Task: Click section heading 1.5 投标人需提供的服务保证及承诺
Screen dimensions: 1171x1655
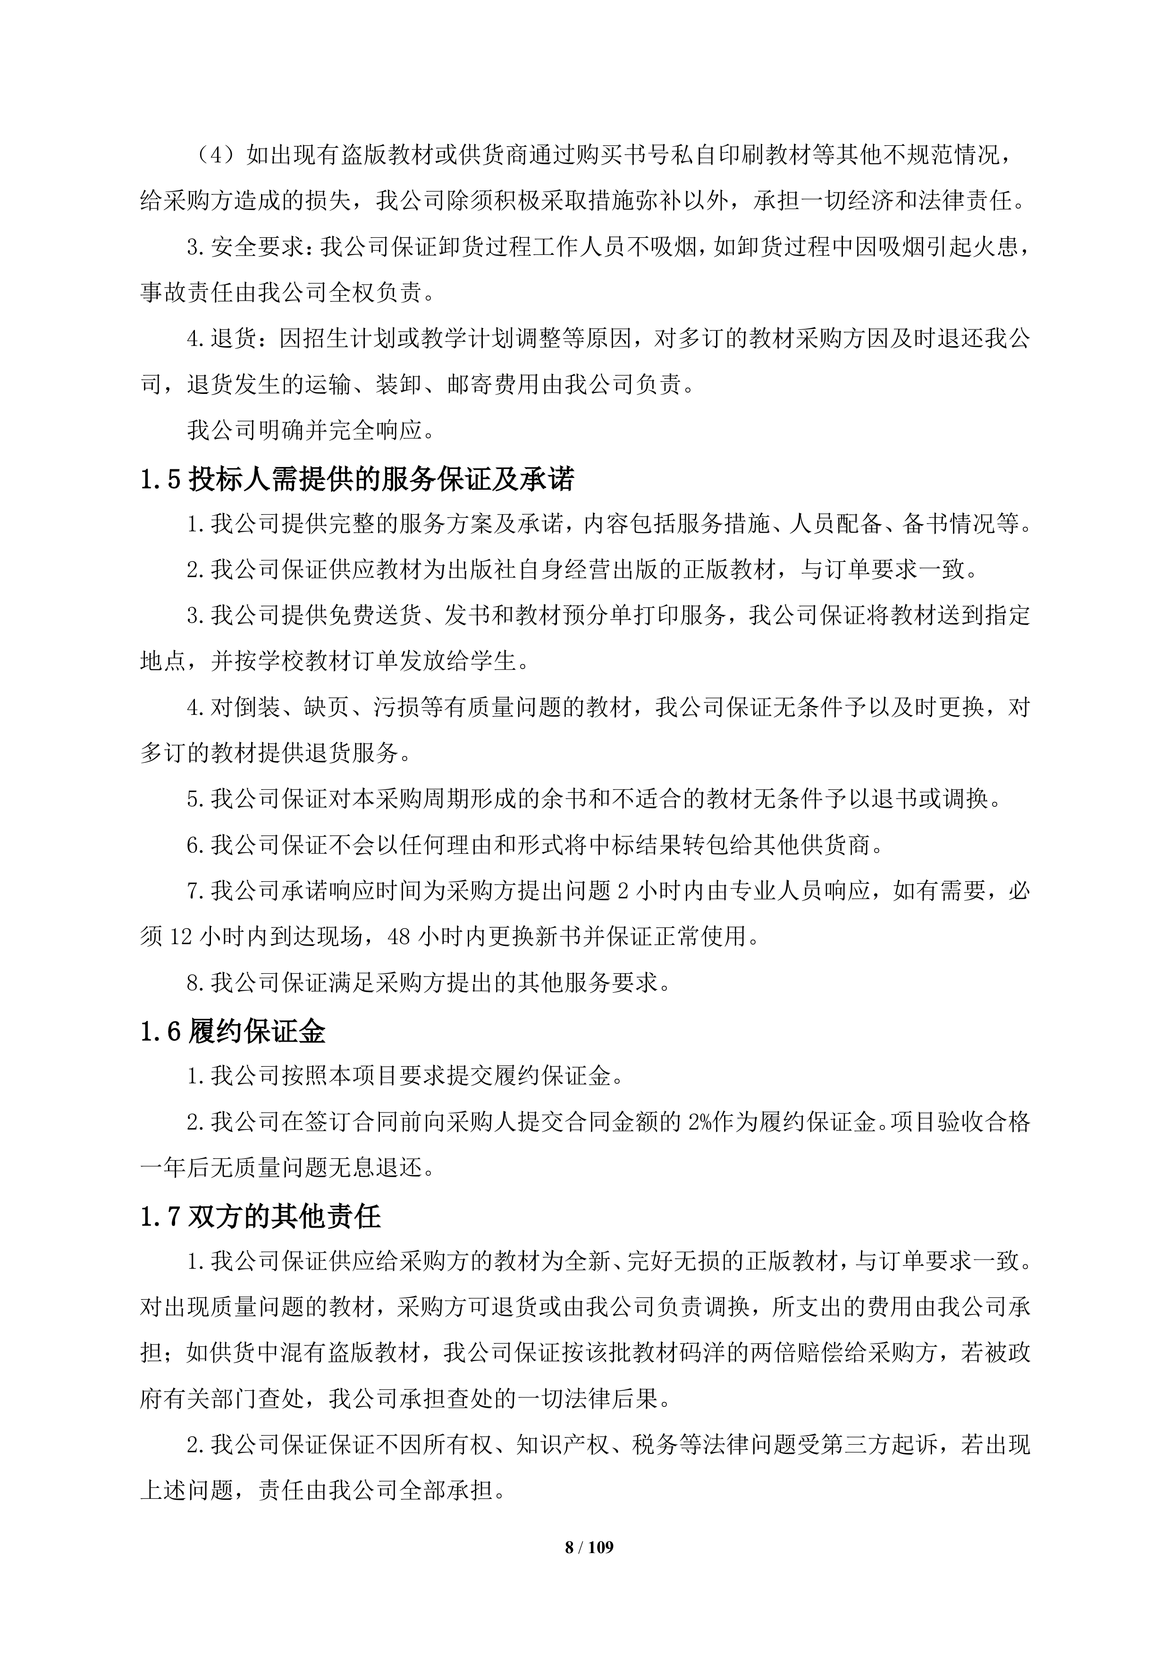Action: (x=357, y=479)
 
